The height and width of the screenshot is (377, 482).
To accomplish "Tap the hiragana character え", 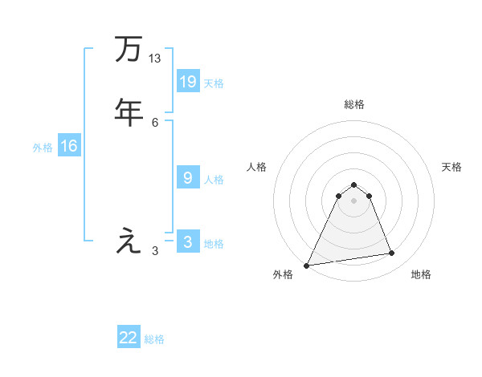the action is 129,241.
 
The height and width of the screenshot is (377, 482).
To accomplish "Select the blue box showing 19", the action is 188,81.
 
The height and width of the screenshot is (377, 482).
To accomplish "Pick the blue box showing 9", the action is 188,178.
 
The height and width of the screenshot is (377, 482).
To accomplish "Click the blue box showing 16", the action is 69,146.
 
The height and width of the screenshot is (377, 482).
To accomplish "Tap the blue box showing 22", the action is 129,338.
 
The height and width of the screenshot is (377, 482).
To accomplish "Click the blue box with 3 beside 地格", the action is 188,242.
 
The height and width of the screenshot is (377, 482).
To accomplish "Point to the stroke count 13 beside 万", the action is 155,59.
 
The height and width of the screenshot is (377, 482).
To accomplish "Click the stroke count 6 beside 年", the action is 155,121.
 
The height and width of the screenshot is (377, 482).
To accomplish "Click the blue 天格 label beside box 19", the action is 214,83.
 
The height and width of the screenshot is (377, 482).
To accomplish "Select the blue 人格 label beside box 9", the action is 214,180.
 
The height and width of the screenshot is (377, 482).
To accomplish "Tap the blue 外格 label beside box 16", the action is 43,148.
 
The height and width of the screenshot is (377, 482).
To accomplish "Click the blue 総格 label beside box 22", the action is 155,339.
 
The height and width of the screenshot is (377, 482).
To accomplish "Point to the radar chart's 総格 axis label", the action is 353,104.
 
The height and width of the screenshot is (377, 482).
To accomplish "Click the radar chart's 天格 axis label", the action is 451,167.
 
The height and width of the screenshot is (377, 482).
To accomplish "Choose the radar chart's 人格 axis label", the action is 256,167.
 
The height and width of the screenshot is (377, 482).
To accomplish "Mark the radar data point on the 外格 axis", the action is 307,265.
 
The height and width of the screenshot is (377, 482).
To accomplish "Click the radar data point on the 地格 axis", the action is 392,253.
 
